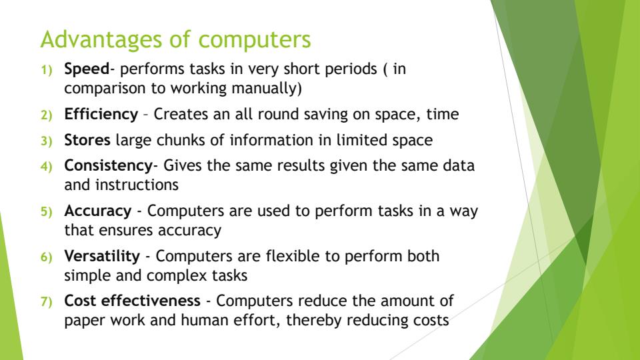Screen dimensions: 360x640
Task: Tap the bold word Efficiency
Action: coord(100,114)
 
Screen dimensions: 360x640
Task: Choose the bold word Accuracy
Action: coord(97,211)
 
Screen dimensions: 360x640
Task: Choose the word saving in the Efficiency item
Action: coord(337,114)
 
